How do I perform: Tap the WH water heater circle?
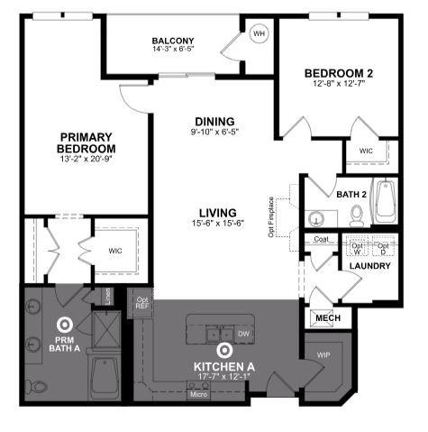(x=260, y=33)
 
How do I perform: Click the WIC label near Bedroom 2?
(x=366, y=151)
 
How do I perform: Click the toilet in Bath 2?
(x=357, y=214)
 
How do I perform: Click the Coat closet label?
(x=321, y=240)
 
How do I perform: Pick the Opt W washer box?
(x=358, y=247)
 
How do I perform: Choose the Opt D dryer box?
(x=383, y=247)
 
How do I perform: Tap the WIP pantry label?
(x=323, y=355)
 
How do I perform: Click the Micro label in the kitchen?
(x=198, y=394)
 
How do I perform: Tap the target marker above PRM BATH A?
(x=65, y=324)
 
